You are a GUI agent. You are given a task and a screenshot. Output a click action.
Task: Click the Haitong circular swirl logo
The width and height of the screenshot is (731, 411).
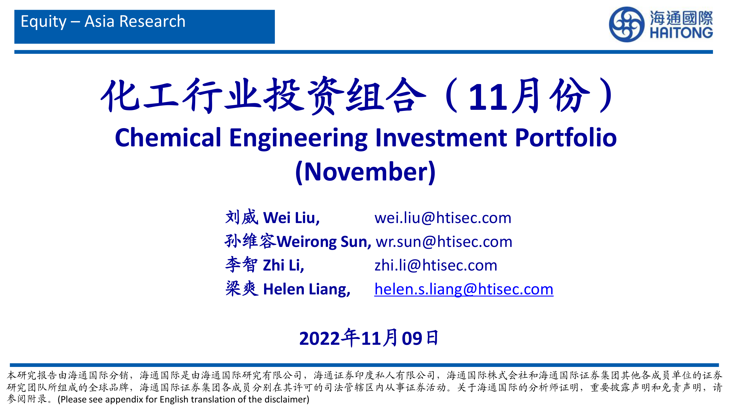click(x=626, y=24)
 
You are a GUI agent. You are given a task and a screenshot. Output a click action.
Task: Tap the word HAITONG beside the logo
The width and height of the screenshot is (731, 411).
click(x=681, y=33)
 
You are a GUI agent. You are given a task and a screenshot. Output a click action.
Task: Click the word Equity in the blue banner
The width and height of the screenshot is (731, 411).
click(x=44, y=22)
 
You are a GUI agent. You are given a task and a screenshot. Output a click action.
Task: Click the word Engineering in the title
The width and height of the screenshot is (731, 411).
click(x=298, y=139)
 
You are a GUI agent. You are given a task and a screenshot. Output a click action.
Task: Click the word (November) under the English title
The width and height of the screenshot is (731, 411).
click(x=365, y=172)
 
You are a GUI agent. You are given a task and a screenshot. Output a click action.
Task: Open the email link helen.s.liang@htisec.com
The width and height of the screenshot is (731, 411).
click(x=464, y=289)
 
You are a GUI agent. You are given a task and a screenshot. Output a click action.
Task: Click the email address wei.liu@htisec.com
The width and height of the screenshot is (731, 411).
click(x=443, y=218)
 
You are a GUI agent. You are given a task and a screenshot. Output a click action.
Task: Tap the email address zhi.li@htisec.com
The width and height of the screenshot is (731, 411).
click(x=436, y=265)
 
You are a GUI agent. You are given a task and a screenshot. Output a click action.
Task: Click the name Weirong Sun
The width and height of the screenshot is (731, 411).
click(x=324, y=242)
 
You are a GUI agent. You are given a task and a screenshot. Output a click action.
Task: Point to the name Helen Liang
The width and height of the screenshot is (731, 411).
click(x=307, y=290)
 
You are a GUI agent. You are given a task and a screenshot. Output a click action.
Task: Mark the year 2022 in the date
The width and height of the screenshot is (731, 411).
click(x=319, y=338)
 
